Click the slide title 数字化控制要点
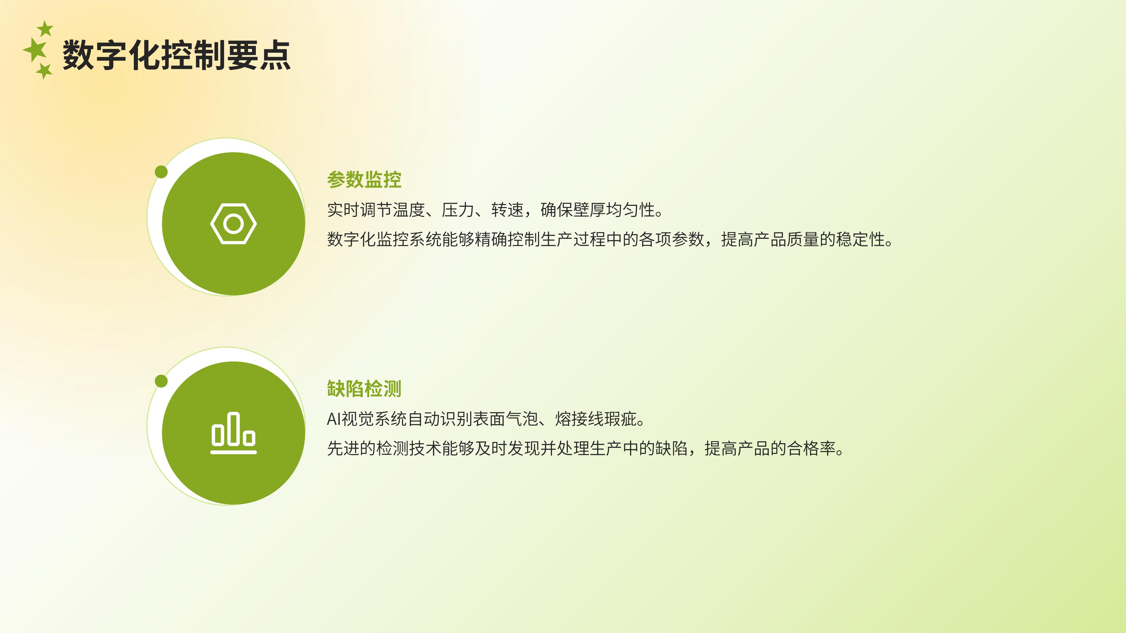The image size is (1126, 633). [x=177, y=55]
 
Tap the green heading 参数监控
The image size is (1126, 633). [x=364, y=179]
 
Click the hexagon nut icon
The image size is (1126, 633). [x=233, y=224]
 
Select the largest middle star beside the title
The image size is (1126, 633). [x=35, y=49]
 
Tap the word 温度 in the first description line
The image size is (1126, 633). [x=409, y=210]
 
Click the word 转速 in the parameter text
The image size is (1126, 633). [x=508, y=210]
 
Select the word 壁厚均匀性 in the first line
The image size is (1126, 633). [x=614, y=210]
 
